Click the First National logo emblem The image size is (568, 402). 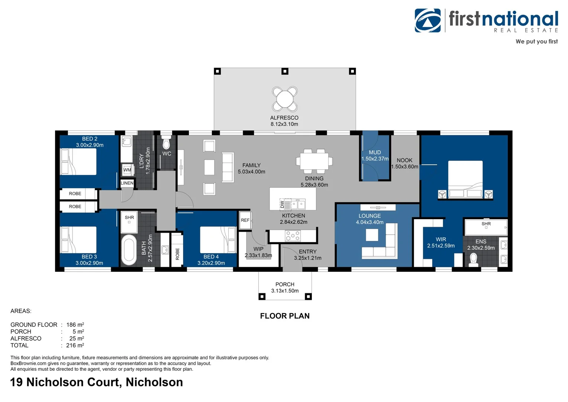(428, 20)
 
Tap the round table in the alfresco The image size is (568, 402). (285, 99)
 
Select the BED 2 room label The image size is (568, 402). (90, 139)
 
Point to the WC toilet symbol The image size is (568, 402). (167, 144)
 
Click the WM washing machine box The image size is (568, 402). (127, 170)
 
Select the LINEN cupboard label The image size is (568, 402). (127, 183)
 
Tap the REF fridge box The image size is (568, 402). (245, 220)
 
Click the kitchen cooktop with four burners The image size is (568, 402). (293, 236)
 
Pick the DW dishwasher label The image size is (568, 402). (282, 204)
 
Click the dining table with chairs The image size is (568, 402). (314, 162)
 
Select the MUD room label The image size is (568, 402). (375, 152)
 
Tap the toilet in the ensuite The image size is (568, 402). (474, 259)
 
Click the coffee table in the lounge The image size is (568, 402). (372, 235)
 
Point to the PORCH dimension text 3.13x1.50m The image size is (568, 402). (285, 291)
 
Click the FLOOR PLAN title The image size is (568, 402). (285, 316)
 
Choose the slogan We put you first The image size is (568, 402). (536, 41)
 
